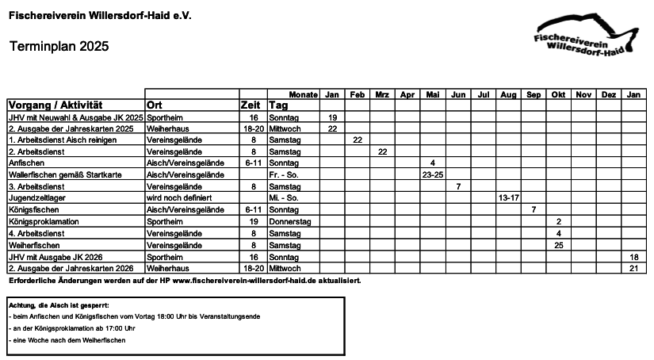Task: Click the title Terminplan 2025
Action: point(59,47)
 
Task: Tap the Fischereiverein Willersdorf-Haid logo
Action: point(586,36)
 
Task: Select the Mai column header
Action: point(432,94)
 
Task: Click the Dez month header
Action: point(609,94)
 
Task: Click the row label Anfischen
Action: point(27,163)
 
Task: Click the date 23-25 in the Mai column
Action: point(432,174)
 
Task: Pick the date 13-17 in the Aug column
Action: point(508,197)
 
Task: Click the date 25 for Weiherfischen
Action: point(559,245)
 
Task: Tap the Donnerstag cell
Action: point(290,221)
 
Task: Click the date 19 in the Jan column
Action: point(333,117)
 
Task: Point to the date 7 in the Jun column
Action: point(458,186)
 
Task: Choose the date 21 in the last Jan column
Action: point(633,268)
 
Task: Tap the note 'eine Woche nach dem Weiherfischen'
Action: point(68,339)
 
